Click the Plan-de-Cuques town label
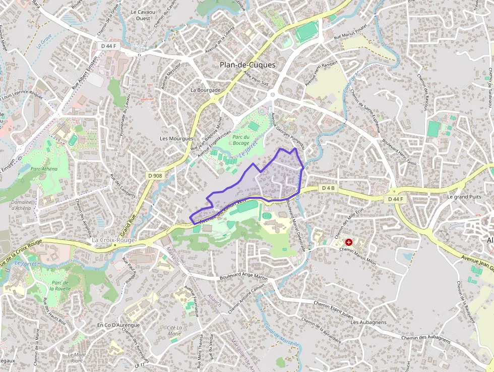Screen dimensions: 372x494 (248, 65)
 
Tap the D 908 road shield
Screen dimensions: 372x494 (155, 175)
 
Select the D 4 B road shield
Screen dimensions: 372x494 (328, 188)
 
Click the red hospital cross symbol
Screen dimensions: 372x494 (348, 242)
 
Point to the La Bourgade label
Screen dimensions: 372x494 (205, 90)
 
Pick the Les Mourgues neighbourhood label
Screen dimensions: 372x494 (176, 138)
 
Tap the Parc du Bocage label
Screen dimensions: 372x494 (240, 139)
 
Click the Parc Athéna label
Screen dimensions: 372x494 (44, 169)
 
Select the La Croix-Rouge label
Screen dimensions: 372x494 (113, 240)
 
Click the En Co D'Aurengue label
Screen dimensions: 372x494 (118, 325)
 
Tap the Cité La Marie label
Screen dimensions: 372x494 (174, 330)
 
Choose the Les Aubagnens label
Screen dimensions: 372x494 (368, 322)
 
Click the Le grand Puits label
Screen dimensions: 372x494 (464, 196)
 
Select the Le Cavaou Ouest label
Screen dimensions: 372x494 (142, 15)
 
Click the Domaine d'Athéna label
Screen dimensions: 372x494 (21, 204)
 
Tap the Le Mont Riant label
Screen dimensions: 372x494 (77, 357)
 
